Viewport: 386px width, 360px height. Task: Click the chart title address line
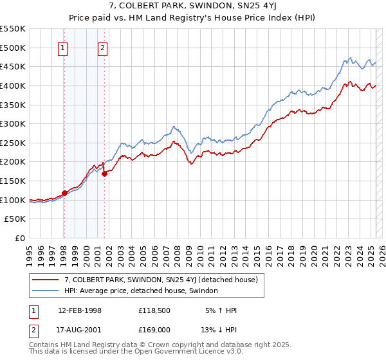[192, 7]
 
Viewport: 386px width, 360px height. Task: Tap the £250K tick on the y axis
[13, 143]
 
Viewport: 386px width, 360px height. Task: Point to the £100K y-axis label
[13, 200]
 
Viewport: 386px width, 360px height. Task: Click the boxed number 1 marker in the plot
[63, 47]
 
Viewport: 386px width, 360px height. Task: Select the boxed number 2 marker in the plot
[103, 47]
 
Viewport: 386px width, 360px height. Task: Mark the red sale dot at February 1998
[64, 192]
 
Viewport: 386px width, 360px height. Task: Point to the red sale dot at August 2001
[105, 174]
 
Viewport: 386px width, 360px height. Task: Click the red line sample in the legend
[46, 280]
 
